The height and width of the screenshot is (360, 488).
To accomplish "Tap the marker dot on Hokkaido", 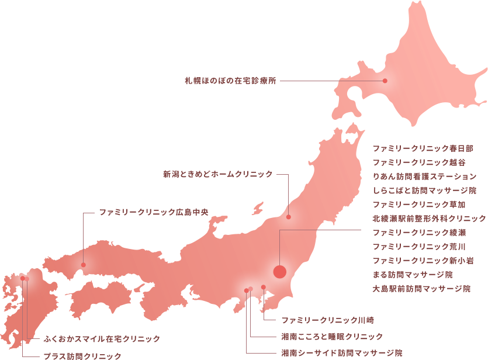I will [x=385, y=81].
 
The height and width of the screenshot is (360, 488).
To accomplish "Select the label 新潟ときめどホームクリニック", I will [x=217, y=174].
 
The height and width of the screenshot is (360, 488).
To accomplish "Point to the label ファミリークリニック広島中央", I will [x=154, y=212].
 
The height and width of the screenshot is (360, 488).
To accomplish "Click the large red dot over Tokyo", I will [x=280, y=271].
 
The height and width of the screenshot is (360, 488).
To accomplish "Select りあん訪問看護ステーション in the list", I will [x=424, y=176].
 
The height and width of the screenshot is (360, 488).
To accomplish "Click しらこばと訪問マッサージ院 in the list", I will [x=424, y=190].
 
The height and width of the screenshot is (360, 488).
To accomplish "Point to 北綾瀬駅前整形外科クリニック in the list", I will [x=429, y=218].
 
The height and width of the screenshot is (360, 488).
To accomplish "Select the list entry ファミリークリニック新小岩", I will [x=423, y=260].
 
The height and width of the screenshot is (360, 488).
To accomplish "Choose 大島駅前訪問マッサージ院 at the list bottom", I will [x=421, y=288].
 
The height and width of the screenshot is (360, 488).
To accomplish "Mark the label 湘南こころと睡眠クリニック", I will [x=332, y=337].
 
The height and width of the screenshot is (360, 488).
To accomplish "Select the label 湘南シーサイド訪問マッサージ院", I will [x=341, y=353].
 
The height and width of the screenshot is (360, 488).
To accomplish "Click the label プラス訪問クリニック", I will [x=82, y=355].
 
